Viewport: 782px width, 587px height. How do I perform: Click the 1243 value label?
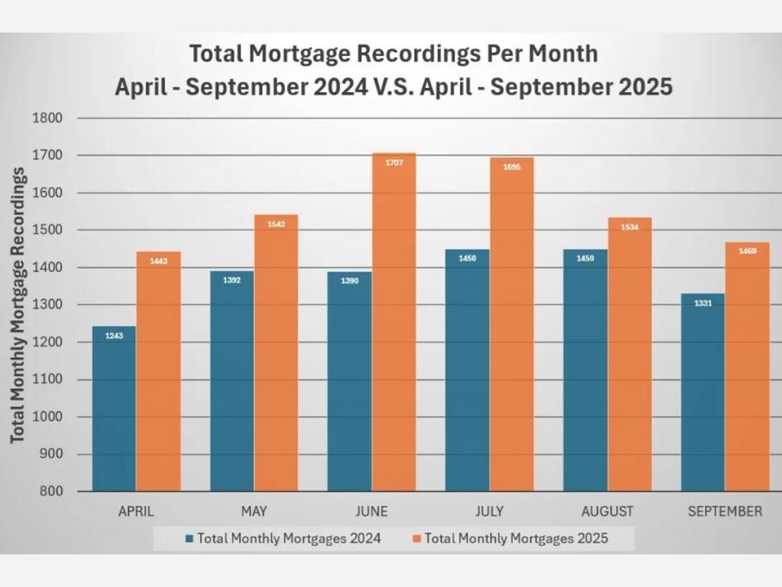[x=114, y=336]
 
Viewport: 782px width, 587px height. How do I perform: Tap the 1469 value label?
[x=747, y=251]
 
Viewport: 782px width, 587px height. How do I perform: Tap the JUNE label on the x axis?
[x=371, y=511]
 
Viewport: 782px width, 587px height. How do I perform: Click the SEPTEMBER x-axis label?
[x=725, y=511]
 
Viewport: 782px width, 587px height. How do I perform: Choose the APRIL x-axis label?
[x=136, y=511]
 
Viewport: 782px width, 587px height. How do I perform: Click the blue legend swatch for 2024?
[x=190, y=539]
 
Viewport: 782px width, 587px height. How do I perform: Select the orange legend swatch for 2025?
[x=417, y=539]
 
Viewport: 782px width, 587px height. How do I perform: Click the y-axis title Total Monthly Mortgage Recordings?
[x=18, y=305]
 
